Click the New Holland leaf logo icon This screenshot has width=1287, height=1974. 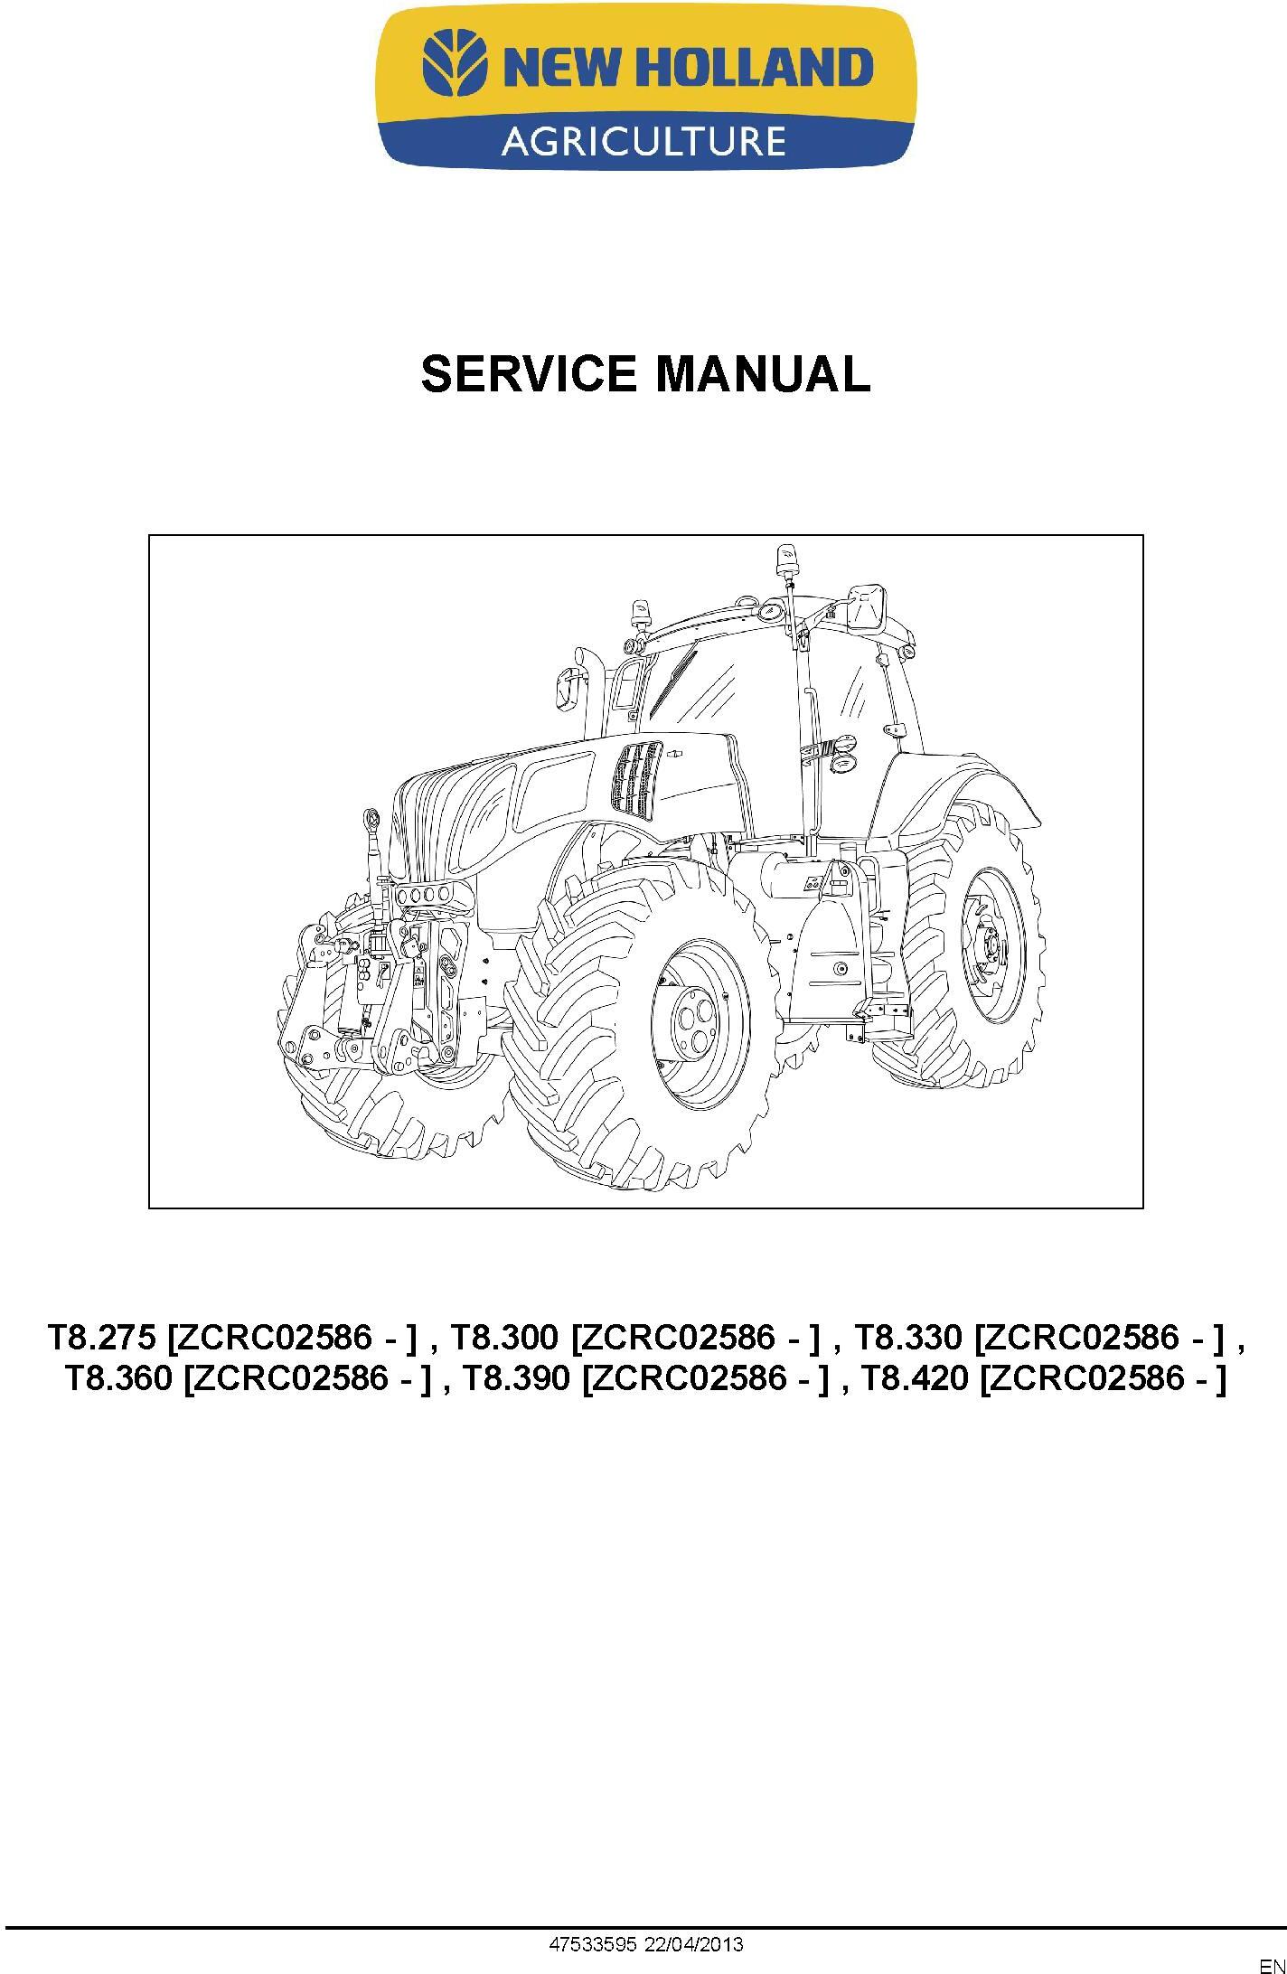coord(457,65)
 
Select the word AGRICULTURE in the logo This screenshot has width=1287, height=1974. coord(643,141)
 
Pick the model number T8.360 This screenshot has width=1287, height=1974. coord(118,1380)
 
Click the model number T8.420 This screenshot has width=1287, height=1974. coord(915,1380)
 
